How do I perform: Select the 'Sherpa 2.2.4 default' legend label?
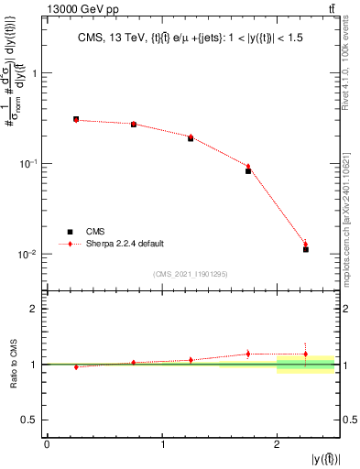(125, 244)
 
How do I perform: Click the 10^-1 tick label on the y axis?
(32, 164)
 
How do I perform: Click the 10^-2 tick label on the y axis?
(32, 254)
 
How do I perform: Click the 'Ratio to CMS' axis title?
(13, 364)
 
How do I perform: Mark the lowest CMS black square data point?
(306, 249)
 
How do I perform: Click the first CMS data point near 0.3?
(76, 119)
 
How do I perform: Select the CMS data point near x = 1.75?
(248, 170)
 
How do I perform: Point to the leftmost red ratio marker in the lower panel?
(76, 367)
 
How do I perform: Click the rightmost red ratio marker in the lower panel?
(306, 354)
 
